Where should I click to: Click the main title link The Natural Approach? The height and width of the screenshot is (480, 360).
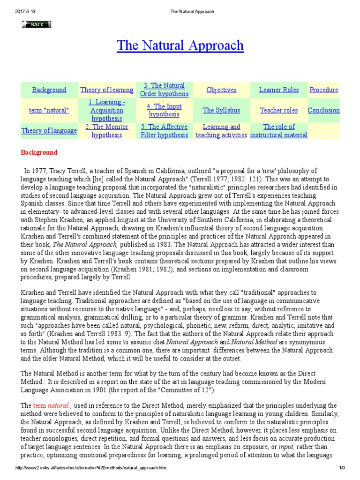tap(180, 45)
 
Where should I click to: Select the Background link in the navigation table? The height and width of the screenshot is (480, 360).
tap(49, 90)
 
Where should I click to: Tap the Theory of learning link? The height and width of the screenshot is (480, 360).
tap(107, 90)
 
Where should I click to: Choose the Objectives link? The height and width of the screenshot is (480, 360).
tap(221, 90)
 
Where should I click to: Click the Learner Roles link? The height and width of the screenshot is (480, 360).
tap(279, 90)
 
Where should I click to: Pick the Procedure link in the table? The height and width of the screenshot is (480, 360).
tap(323, 90)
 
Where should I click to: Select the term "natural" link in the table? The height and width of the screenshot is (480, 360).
tap(49, 111)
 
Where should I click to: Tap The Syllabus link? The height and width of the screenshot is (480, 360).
tap(221, 111)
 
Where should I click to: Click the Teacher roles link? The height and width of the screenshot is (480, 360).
tap(279, 111)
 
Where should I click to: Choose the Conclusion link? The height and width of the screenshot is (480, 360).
tap(323, 111)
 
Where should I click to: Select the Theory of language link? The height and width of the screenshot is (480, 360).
tap(49, 131)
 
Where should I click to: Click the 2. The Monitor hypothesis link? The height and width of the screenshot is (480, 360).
tap(107, 131)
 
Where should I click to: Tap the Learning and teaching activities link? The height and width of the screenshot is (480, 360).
tap(221, 131)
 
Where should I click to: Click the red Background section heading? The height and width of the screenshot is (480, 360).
tap(39, 152)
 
